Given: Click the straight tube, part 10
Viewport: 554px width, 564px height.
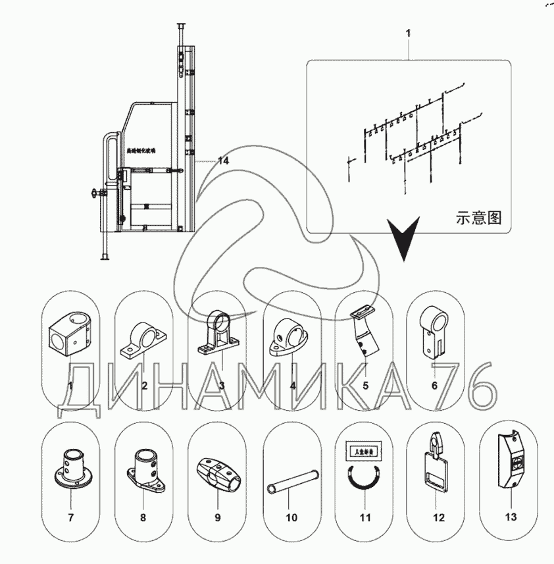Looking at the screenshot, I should tap(291, 480).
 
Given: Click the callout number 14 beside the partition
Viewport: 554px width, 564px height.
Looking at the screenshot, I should tap(223, 160).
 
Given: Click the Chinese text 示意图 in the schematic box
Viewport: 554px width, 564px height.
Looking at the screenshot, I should tap(478, 218).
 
